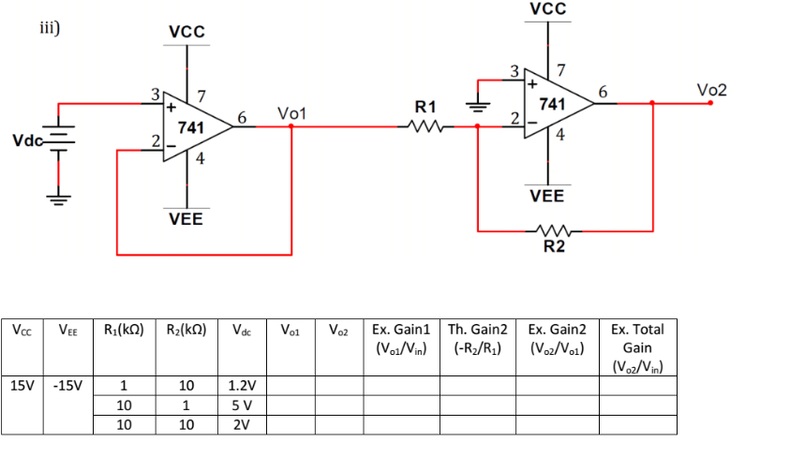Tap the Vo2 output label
click(712, 90)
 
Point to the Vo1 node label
click(292, 113)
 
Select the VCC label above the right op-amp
click(547, 9)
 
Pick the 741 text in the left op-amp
click(192, 126)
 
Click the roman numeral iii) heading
click(50, 27)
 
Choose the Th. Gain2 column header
click(478, 338)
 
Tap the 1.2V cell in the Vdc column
click(243, 385)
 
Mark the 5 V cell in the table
click(243, 405)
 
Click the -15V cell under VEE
click(67, 384)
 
